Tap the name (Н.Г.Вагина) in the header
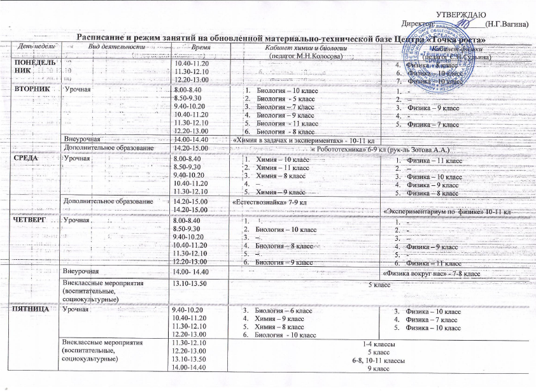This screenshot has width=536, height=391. point(506,24)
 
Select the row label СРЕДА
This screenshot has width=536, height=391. point(25,158)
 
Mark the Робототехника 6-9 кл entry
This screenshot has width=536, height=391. point(382,148)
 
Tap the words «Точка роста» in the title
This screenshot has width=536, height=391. point(463,39)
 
